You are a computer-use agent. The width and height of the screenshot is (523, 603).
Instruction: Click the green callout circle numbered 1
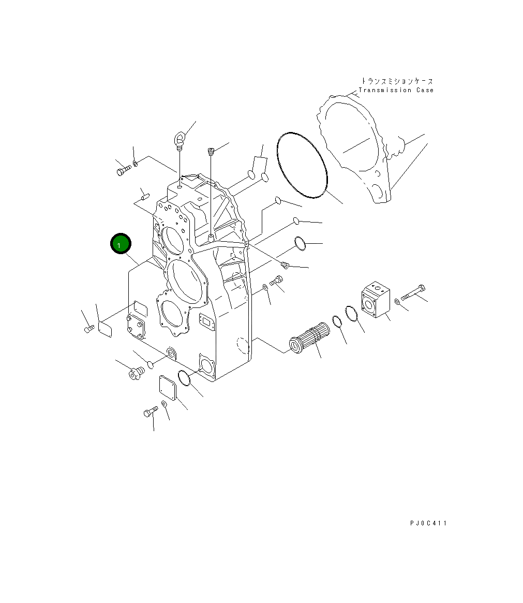121,244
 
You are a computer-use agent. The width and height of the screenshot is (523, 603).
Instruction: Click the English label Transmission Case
396,90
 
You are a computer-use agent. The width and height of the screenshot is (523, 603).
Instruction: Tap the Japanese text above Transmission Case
397,81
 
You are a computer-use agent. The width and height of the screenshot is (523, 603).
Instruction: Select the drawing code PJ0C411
428,523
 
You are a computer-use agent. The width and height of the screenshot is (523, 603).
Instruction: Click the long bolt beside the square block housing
412,293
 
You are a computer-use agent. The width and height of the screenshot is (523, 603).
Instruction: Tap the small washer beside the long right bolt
396,301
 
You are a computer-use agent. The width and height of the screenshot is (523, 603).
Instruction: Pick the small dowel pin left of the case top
144,197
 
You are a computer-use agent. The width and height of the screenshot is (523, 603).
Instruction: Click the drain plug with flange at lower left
136,373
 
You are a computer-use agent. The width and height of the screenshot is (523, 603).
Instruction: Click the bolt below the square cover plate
150,412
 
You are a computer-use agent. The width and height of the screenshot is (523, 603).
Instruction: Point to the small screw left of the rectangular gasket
88,328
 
